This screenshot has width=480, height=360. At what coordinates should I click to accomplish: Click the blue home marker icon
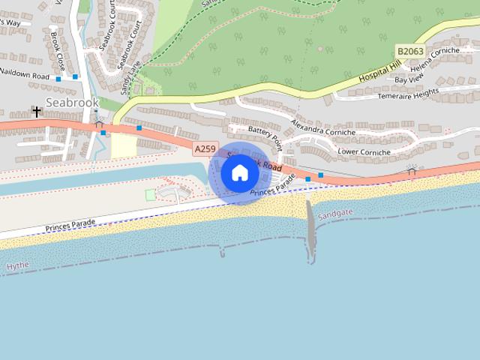tap(239, 173)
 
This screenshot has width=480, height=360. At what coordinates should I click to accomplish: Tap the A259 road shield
tap(203, 149)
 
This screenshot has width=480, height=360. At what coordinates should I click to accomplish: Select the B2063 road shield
tap(409, 51)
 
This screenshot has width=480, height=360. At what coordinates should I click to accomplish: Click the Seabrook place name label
tap(72, 102)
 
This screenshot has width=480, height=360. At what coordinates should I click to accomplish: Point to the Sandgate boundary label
tap(334, 214)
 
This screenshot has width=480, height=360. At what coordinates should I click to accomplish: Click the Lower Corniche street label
tap(364, 152)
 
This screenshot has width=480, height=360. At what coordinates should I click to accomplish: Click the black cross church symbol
tap(36, 111)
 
